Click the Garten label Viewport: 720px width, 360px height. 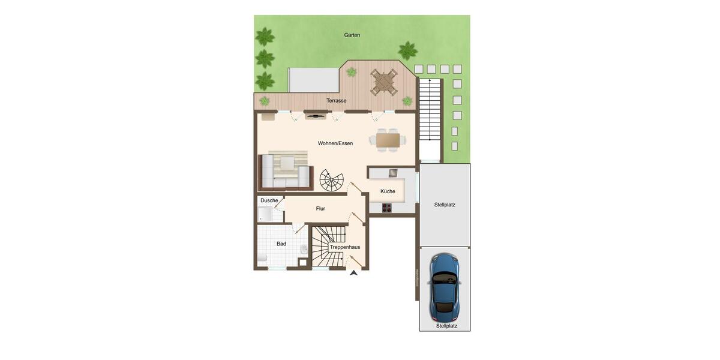[352, 35]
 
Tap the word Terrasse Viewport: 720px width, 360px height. [337, 101]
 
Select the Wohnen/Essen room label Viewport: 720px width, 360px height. [335, 143]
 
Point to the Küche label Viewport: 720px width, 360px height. [388, 191]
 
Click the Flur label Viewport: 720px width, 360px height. [320, 209]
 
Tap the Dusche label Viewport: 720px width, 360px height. [269, 200]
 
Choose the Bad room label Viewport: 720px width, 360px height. [281, 244]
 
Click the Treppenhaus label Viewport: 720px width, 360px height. [345, 247]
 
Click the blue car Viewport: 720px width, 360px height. [445, 287]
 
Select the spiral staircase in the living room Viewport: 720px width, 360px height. [332, 180]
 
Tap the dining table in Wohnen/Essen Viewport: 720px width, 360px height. [388, 140]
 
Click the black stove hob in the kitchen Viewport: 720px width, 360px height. [387, 208]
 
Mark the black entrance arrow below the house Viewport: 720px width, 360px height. [354, 273]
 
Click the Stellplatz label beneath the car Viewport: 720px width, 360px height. [446, 326]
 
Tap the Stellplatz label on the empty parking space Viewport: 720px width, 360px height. [445, 205]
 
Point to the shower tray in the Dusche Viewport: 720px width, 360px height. [266, 215]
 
